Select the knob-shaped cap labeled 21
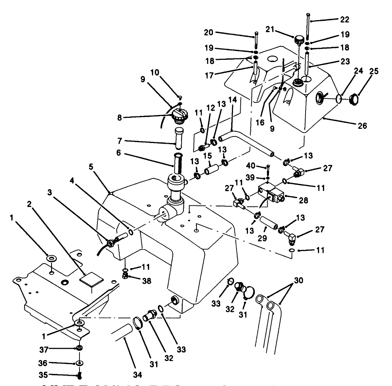pyautogui.click(x=300, y=39)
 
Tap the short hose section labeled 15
pyautogui.click(x=211, y=171)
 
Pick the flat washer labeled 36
pyautogui.click(x=79, y=364)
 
